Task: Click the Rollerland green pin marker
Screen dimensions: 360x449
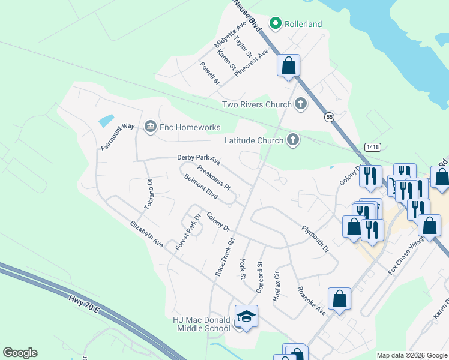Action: click(276, 24)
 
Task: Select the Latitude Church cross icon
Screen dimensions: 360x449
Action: click(292, 140)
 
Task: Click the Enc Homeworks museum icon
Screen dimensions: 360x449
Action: click(150, 127)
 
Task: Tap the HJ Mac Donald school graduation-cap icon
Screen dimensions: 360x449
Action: click(246, 316)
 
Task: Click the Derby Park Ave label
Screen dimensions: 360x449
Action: click(199, 160)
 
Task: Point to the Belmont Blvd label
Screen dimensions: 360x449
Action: click(201, 187)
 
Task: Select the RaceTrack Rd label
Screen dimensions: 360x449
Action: click(224, 256)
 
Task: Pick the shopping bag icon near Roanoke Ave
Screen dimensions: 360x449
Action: click(339, 299)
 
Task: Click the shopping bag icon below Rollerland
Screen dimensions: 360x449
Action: click(289, 65)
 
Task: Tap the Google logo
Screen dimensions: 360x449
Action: click(20, 353)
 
